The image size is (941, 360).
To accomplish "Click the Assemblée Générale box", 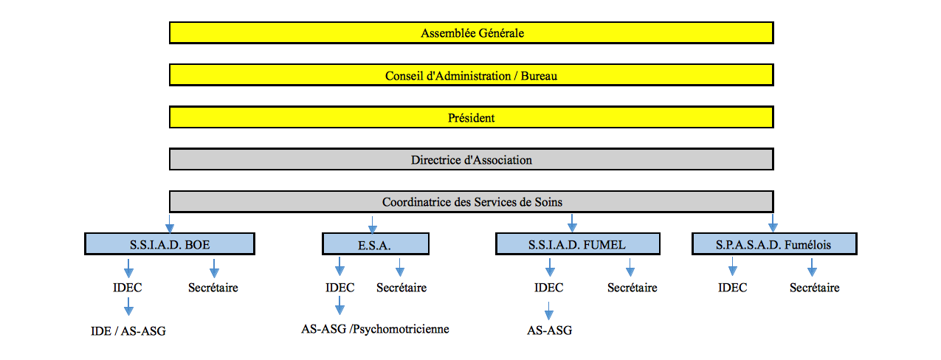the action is coord(472,32).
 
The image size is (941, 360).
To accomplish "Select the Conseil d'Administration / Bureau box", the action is coord(472,75).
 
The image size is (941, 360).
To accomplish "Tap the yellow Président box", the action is coord(472,117).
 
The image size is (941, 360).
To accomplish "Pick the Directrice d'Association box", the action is coord(472,159).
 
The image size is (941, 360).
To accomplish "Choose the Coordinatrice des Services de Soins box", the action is coord(472,201).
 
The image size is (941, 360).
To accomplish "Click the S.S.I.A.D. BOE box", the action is coord(170,244).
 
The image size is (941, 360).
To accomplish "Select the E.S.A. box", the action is coord(376,244).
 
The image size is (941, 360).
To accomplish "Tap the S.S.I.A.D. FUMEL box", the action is coord(578,244).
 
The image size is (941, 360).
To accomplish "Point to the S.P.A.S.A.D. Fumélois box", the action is coord(774,244).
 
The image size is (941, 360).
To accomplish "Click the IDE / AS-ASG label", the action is coord(128,331).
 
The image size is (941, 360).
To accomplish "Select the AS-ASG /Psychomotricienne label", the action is coord(375,329).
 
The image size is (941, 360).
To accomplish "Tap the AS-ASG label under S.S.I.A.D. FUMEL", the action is coord(550,330).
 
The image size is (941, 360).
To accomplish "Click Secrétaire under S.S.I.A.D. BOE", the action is coord(213,288).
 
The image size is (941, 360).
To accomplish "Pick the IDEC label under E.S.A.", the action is coord(339,288).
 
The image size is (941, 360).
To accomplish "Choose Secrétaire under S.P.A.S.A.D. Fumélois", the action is coord(815,288).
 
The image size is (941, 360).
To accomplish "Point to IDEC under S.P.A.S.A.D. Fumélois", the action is coord(733,288).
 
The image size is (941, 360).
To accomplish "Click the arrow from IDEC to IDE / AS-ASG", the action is coord(128,306).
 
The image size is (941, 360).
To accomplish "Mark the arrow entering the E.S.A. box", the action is coord(372,225).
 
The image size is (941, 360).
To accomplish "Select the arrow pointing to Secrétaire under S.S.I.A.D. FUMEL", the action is coord(630,267).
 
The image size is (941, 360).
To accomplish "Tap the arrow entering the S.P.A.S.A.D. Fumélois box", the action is coord(773,223).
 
